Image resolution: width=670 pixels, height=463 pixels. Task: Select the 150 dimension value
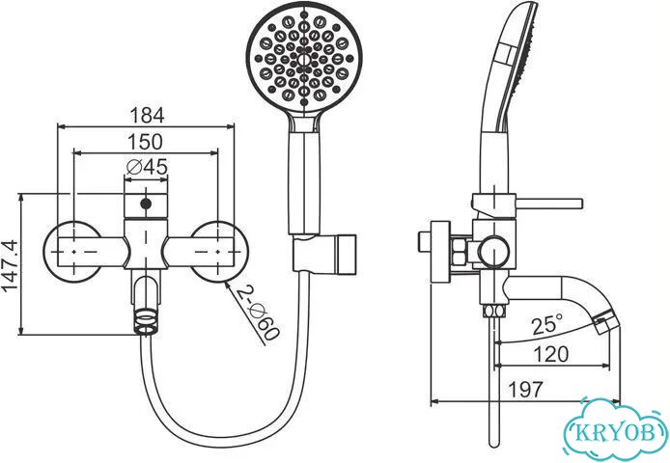[x=146, y=142]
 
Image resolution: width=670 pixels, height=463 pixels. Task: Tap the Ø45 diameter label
[x=147, y=167]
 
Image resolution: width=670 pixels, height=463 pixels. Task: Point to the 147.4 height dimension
[x=10, y=265]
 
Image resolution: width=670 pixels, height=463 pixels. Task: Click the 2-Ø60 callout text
[x=258, y=313]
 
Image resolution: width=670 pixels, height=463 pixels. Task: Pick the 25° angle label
[x=547, y=324]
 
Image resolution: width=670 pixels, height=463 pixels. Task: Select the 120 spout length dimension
[x=551, y=354]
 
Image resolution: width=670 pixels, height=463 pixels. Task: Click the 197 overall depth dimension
[x=526, y=389]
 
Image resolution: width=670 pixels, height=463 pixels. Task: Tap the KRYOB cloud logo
[x=615, y=429]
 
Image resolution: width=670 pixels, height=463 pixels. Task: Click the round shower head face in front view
[x=304, y=58]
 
